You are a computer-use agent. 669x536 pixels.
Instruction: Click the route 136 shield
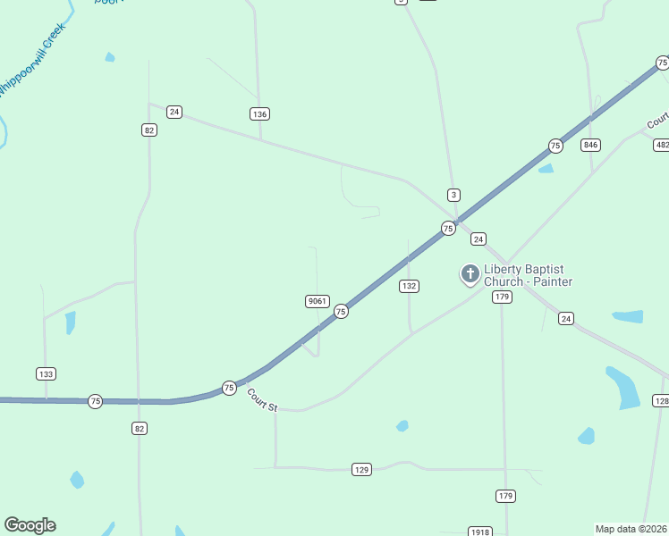[259, 114]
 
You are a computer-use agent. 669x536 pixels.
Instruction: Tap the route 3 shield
[454, 195]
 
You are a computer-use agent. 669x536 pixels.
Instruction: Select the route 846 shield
[590, 145]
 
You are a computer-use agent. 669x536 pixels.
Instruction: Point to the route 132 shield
[409, 286]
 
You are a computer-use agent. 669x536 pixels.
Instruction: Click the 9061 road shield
[317, 301]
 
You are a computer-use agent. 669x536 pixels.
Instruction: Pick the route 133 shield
[47, 373]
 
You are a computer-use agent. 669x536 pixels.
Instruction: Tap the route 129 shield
[361, 469]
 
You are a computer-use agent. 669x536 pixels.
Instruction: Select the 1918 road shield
[479, 532]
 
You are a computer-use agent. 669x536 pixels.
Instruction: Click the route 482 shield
[662, 145]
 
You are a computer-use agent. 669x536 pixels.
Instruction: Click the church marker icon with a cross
[470, 274]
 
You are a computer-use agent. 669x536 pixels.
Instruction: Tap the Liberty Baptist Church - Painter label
[528, 276]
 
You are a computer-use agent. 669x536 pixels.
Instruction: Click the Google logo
[30, 525]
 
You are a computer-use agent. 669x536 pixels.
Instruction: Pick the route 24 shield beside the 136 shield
[174, 112]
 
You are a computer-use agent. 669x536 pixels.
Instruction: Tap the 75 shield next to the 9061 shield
[341, 311]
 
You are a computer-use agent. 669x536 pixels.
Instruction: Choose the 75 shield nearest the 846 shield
[555, 146]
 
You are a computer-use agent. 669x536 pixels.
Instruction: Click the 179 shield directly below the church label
[502, 297]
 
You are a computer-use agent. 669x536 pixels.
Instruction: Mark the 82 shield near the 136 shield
[149, 130]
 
